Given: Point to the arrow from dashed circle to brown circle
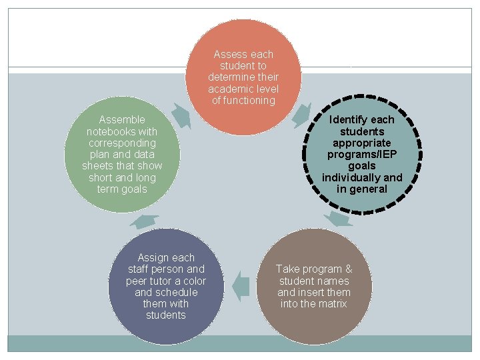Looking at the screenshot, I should pos(341,219).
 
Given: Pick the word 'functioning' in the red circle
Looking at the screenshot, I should pos(243,101).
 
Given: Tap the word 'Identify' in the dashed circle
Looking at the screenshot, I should pos(348,120).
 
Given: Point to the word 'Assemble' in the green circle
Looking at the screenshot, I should pos(121,120).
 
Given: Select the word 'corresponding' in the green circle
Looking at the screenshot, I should pos(122,143).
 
